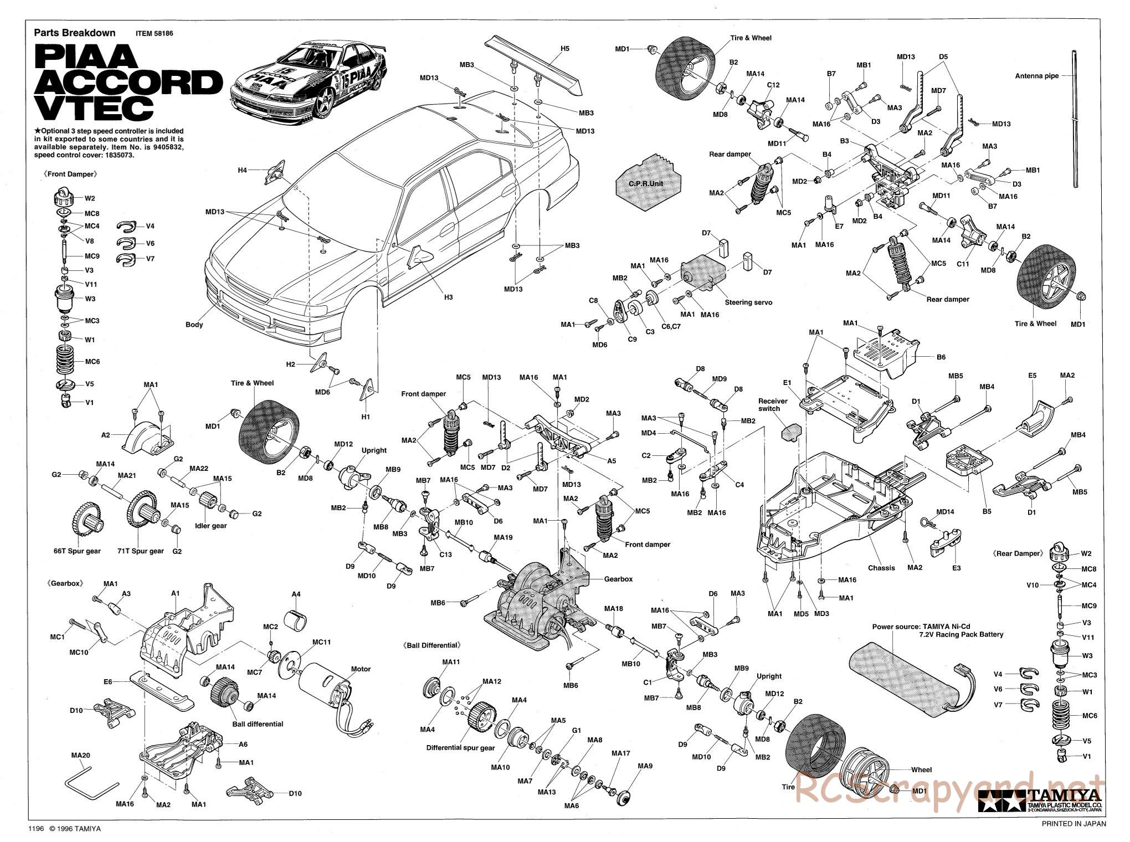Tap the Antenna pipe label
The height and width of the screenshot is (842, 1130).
click(1036, 76)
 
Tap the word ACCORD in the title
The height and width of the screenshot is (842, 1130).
click(129, 82)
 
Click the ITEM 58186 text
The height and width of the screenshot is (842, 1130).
click(155, 33)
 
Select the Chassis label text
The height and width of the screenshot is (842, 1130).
click(881, 568)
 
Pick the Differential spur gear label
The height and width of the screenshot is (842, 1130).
click(460, 747)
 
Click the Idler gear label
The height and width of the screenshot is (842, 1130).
click(212, 526)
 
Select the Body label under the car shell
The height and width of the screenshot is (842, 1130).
click(194, 325)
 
